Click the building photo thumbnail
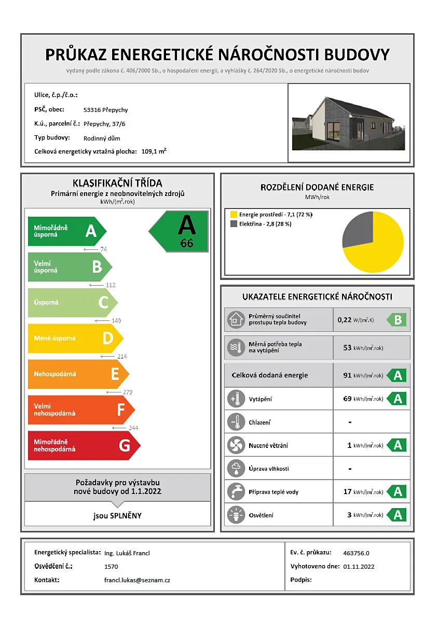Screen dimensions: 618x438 [x=349, y=123]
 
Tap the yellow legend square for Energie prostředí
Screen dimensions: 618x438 [x=234, y=214]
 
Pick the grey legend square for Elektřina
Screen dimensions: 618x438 [x=234, y=224]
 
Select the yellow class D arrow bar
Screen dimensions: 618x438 [x=73, y=339]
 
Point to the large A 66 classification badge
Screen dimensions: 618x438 [x=182, y=231]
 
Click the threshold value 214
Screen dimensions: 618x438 [x=122, y=357]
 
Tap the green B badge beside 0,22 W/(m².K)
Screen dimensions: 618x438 [x=397, y=320]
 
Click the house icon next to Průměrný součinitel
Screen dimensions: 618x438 [x=236, y=320]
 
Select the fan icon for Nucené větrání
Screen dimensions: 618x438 [x=236, y=445]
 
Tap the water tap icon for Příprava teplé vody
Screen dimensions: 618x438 [x=236, y=491]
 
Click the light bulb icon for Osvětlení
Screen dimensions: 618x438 [x=236, y=515]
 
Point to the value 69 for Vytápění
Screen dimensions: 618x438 [x=348, y=399]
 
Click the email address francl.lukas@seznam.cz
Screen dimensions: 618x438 [x=137, y=580]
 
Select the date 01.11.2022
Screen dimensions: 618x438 [x=359, y=567]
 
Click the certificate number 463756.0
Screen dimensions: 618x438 [x=357, y=553]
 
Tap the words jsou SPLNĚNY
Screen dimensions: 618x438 [x=117, y=516]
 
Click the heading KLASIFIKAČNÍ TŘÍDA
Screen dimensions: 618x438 [x=117, y=183]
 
